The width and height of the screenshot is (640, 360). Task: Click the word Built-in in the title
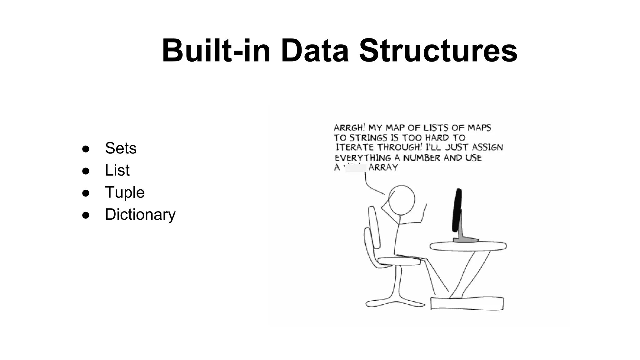216,51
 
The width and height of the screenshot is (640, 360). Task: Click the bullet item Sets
121,148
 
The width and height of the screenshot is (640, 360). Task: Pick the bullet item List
117,170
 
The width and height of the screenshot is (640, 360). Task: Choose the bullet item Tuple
125,192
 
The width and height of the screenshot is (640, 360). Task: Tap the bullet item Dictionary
140,215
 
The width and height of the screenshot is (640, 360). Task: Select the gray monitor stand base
466,240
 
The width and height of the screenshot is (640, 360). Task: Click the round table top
468,246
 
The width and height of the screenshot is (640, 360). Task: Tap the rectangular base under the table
467,303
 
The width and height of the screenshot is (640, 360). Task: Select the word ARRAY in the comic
383,167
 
